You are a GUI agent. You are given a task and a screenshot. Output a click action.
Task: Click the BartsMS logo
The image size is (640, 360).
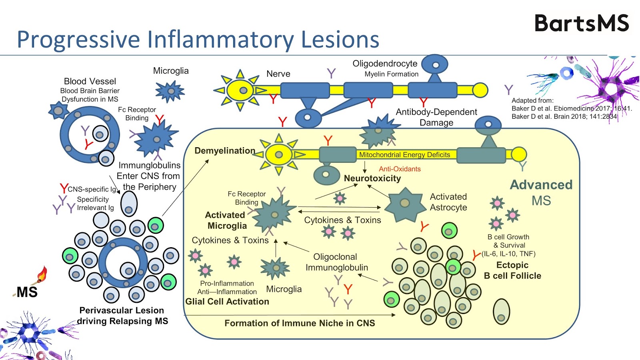coord(582,23)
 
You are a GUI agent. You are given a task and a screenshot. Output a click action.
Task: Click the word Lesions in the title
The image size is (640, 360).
coord(340,40)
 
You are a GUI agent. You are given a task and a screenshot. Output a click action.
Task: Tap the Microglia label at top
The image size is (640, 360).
coord(171,71)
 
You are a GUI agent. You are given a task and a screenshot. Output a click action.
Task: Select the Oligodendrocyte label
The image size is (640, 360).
coord(385,64)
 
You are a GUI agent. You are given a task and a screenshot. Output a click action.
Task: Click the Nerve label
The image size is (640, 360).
coord(278,74)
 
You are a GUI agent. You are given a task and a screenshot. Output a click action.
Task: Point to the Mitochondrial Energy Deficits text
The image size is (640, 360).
coord(404,155)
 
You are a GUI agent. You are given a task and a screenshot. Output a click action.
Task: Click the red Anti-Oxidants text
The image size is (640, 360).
coord(400,169)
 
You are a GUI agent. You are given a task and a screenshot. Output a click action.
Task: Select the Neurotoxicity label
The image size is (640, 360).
coord(372,178)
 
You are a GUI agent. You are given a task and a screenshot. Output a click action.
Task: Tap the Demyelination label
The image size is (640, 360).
coord(225,151)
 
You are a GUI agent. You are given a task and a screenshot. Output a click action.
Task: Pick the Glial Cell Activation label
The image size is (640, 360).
coord(227,302)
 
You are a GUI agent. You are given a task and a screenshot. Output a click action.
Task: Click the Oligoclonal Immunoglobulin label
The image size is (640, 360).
coord(337,262)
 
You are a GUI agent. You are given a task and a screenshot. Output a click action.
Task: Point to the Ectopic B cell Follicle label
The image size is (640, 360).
coord(512,270)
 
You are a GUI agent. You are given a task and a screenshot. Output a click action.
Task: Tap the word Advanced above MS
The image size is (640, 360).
coord(541,185)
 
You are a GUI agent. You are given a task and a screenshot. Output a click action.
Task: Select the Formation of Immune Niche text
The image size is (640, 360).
coord(300,323)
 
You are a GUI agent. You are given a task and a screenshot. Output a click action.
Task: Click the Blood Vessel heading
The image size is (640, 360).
coord(90,81)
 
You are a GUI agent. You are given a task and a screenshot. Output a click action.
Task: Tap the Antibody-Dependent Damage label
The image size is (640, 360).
coord(436,117)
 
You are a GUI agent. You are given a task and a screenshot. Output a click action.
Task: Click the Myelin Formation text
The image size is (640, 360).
coord(391,74)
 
